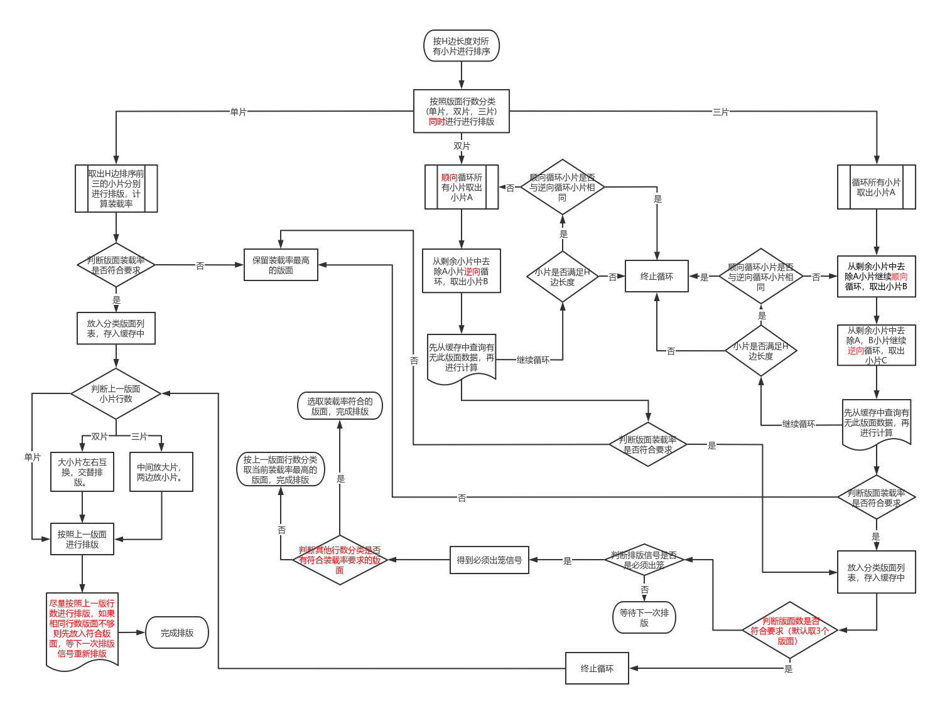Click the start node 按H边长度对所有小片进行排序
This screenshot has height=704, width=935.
pos(462,46)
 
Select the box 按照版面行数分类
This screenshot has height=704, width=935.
pos(462,111)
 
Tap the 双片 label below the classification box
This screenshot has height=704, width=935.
pos(462,146)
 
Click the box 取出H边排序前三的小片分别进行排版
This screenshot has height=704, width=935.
pos(116,188)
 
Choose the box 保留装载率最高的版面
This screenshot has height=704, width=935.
pos(281,265)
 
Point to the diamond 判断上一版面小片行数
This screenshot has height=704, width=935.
pos(116,393)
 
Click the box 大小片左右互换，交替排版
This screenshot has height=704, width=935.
pos(82,472)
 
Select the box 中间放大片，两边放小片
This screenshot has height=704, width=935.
pos(161,472)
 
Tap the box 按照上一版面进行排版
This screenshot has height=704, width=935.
pos(82,539)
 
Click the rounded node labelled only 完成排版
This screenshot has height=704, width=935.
pos(177,632)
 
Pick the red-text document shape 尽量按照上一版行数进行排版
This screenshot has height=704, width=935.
pos(82,629)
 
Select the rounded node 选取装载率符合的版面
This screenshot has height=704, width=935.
pos(340,406)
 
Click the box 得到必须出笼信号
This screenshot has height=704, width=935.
pos(489,560)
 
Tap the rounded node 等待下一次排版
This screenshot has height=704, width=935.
pos(644,617)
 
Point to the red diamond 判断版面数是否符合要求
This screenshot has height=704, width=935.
pos(790,631)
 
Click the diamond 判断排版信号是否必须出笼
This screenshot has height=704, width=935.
pos(644,560)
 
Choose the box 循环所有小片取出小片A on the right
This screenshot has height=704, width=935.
pos(876,187)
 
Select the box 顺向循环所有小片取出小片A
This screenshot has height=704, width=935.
pos(462,187)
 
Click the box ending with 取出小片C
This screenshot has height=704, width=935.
pos(876,345)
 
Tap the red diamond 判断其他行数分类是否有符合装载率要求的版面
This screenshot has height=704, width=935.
pos(340,560)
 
